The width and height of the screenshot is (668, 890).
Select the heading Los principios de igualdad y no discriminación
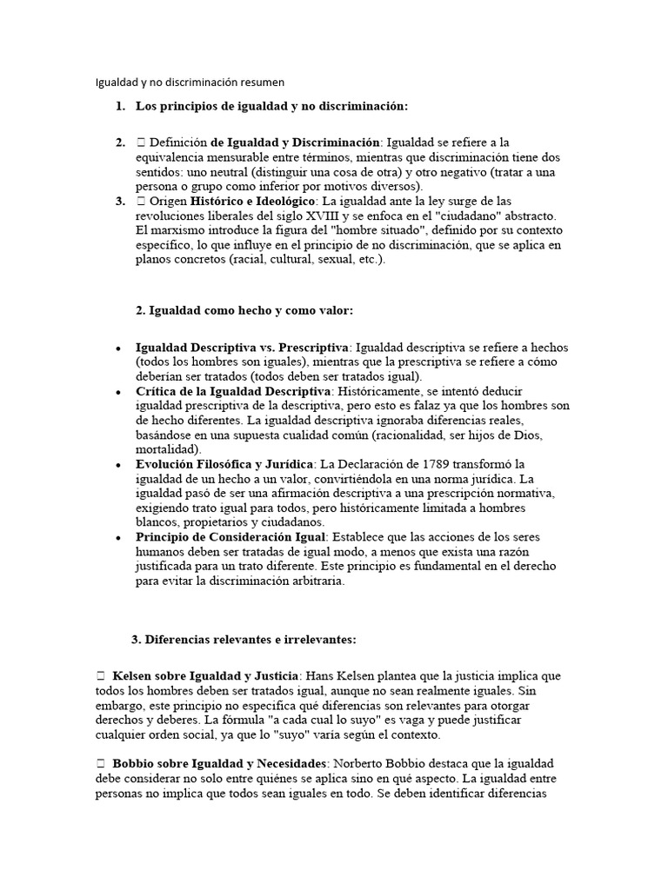tap(271, 106)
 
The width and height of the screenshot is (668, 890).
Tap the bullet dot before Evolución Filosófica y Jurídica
tap(118, 465)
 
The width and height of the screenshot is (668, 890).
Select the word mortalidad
tap(168, 449)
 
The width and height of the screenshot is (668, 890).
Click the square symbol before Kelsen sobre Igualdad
tap(100, 675)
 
